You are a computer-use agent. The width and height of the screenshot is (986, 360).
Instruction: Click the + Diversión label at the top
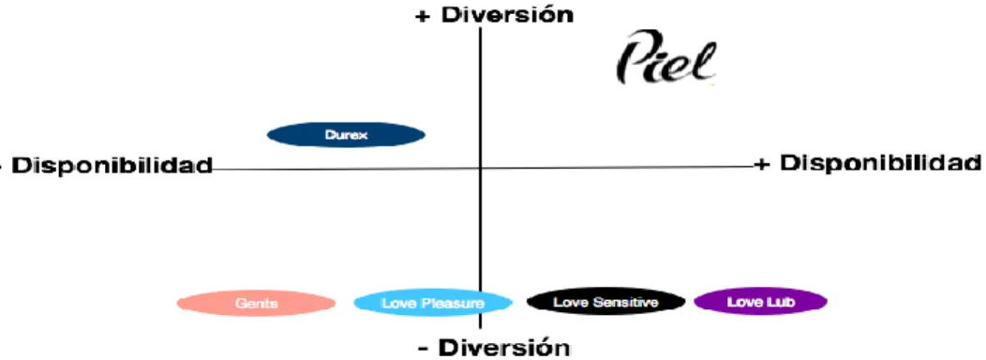tap(494, 15)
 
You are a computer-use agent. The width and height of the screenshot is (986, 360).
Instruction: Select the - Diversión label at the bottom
tap(494, 348)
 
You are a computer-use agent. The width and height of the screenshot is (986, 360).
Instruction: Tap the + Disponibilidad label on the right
tap(867, 164)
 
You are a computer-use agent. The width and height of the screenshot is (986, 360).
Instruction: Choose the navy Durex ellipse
tap(347, 135)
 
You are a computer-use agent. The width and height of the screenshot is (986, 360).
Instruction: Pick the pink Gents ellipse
tap(257, 304)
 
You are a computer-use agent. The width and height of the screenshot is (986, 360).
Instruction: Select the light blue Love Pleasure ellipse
tap(433, 304)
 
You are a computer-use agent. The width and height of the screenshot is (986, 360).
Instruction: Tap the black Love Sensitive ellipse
tap(605, 302)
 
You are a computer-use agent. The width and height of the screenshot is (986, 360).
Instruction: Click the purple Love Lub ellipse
tap(760, 302)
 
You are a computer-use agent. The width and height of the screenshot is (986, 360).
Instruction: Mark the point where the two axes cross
tap(481, 168)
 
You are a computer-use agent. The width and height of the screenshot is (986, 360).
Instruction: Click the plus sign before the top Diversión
tap(424, 16)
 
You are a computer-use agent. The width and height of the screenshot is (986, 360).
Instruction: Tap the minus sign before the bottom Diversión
tap(424, 349)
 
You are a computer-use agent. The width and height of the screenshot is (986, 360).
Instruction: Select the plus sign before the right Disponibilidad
tap(762, 165)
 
